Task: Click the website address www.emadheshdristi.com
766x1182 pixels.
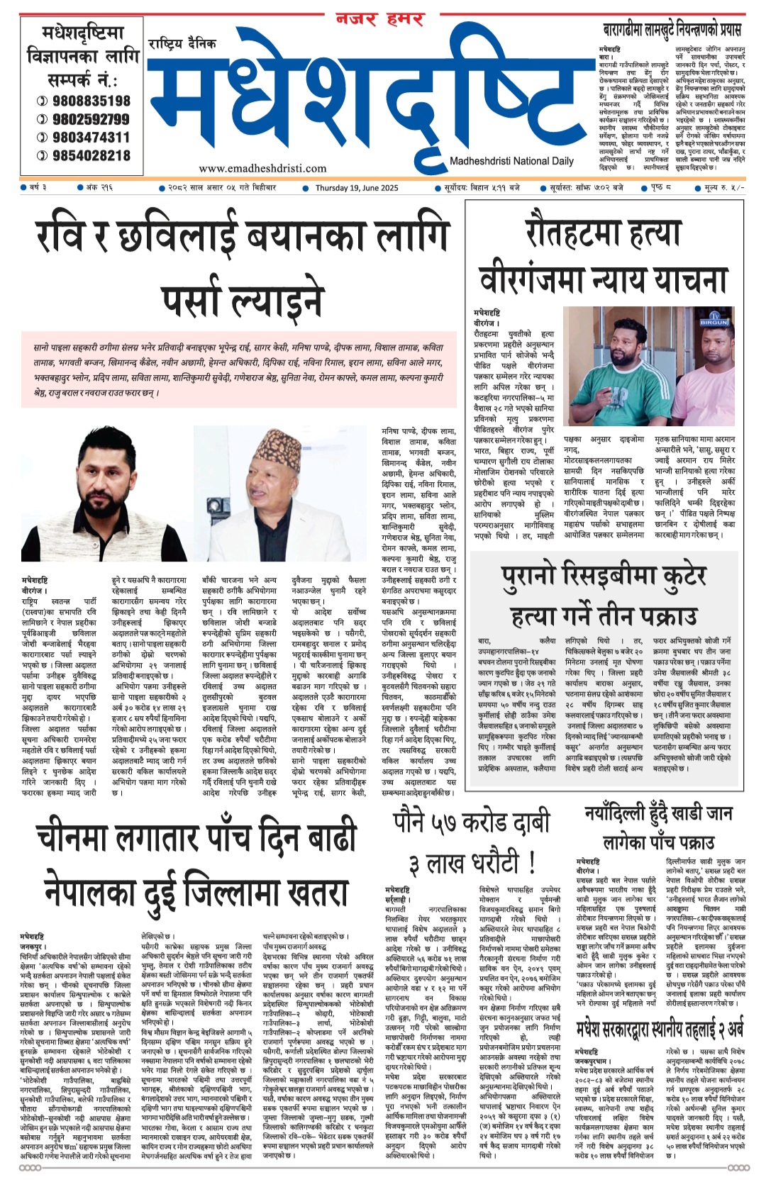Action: pos(262,168)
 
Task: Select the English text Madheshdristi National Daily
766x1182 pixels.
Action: pos(511,161)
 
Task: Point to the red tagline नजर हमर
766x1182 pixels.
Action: pos(380,19)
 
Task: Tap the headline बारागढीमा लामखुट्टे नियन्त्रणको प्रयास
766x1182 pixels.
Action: pos(671,30)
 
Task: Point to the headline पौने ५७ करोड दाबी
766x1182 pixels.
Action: pos(472,823)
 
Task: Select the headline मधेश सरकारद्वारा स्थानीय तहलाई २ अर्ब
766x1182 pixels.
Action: pos(660,1028)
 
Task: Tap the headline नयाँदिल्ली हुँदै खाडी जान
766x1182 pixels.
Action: pos(658,813)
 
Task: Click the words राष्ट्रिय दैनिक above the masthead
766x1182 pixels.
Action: pos(182,44)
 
